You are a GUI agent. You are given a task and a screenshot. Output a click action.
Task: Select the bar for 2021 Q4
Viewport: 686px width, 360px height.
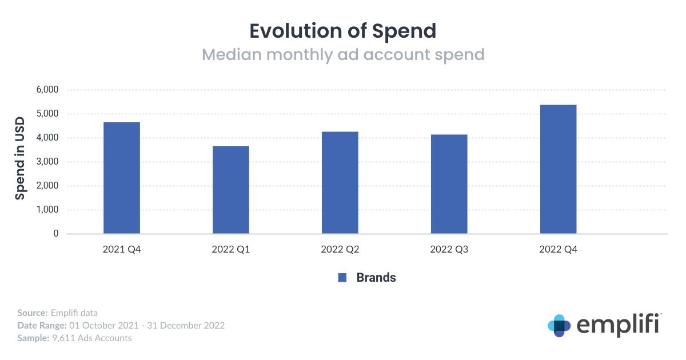[122, 178]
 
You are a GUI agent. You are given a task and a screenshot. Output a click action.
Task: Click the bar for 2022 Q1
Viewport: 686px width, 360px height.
[231, 190]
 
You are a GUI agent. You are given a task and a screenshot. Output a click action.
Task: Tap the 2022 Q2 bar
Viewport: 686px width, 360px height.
[340, 182]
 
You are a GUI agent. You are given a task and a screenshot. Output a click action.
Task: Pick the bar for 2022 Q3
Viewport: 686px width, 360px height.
[449, 184]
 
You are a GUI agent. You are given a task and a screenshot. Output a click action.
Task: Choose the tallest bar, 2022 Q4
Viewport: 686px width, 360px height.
[559, 169]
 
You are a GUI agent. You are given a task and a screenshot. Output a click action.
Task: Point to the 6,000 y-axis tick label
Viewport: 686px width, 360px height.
[47, 89]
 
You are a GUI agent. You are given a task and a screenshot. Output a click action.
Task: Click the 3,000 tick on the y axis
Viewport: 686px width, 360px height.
[47, 161]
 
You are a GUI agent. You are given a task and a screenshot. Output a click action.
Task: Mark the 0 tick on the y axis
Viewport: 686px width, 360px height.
[56, 233]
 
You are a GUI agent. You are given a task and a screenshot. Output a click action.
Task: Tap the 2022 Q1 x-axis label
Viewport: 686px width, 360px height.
[230, 249]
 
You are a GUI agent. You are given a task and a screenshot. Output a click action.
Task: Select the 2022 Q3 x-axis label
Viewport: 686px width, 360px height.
[449, 249]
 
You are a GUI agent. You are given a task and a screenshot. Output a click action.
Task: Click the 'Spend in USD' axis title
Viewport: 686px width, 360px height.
[19, 158]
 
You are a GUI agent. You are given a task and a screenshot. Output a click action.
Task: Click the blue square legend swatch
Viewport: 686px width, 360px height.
[342, 277]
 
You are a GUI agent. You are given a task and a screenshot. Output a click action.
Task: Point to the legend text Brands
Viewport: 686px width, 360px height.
[376, 277]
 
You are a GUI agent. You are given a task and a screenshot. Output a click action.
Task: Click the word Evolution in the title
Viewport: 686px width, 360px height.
[295, 31]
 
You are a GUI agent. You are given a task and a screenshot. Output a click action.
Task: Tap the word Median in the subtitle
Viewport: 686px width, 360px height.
[232, 54]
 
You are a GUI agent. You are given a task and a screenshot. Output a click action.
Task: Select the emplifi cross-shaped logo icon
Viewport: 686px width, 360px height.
[559, 326]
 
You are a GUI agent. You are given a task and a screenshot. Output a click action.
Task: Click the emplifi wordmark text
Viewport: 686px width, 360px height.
[619, 325]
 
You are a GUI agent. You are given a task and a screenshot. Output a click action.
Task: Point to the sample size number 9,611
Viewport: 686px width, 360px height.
[63, 338]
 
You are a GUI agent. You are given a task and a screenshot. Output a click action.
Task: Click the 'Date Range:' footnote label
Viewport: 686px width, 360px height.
[42, 325]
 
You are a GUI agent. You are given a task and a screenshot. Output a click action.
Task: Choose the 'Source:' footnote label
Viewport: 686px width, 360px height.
[33, 313]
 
